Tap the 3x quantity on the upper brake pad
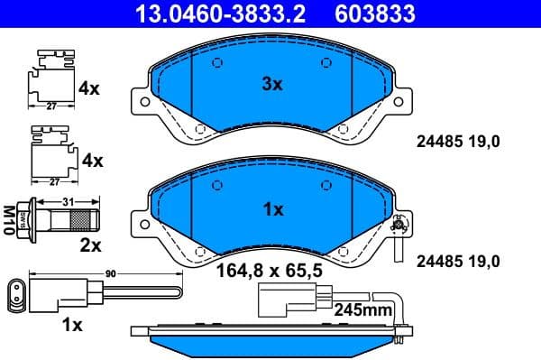click(x=271, y=84)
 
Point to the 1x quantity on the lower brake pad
click(x=271, y=208)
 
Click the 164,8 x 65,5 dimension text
click(x=267, y=268)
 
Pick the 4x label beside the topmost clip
click(x=90, y=89)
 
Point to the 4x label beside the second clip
click(x=92, y=161)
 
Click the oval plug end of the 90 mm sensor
click(x=17, y=293)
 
